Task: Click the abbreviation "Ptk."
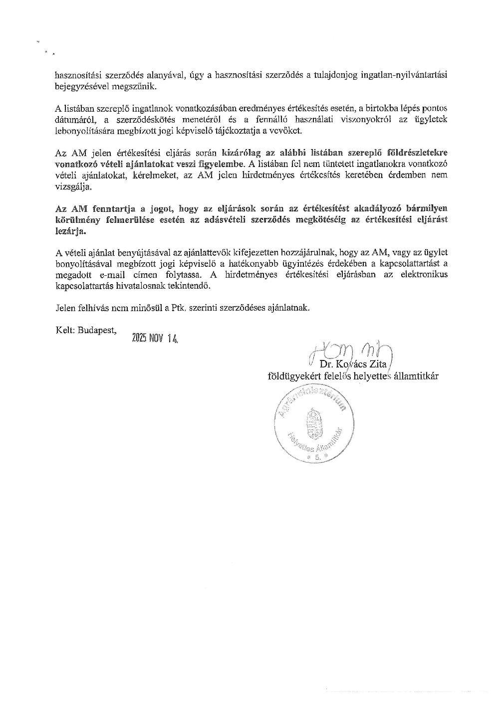(180, 308)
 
